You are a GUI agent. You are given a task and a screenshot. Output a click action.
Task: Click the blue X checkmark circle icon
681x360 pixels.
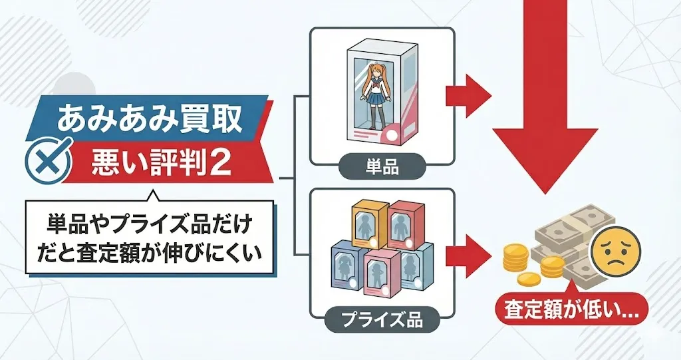[x=48, y=160]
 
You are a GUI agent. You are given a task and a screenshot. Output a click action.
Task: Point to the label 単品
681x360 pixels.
[x=382, y=166]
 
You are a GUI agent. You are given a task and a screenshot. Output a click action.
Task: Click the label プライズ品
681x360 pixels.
[x=382, y=320]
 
